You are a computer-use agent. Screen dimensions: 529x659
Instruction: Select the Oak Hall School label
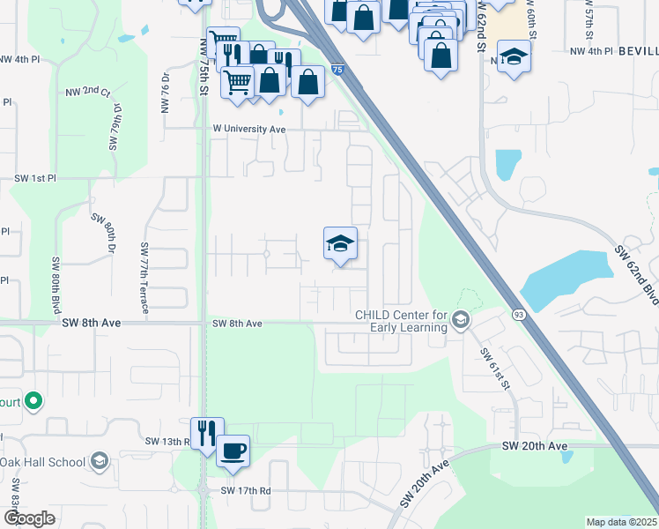42,462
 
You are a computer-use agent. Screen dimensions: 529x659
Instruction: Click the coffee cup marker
233,451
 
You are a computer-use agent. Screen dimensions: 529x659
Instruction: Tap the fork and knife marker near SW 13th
207,433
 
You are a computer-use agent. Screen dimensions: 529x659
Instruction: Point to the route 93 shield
518,314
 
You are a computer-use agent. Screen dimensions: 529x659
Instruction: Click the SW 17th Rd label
245,490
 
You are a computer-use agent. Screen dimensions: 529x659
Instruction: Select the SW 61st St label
495,366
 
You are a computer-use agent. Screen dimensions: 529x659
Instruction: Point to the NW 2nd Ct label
87,92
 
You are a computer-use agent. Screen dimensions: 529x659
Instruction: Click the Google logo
29,518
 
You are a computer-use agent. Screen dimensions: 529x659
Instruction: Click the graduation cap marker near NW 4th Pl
514,58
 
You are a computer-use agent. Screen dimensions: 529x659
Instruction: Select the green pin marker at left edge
33,401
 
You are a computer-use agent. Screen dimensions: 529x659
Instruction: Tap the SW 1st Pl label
35,178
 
